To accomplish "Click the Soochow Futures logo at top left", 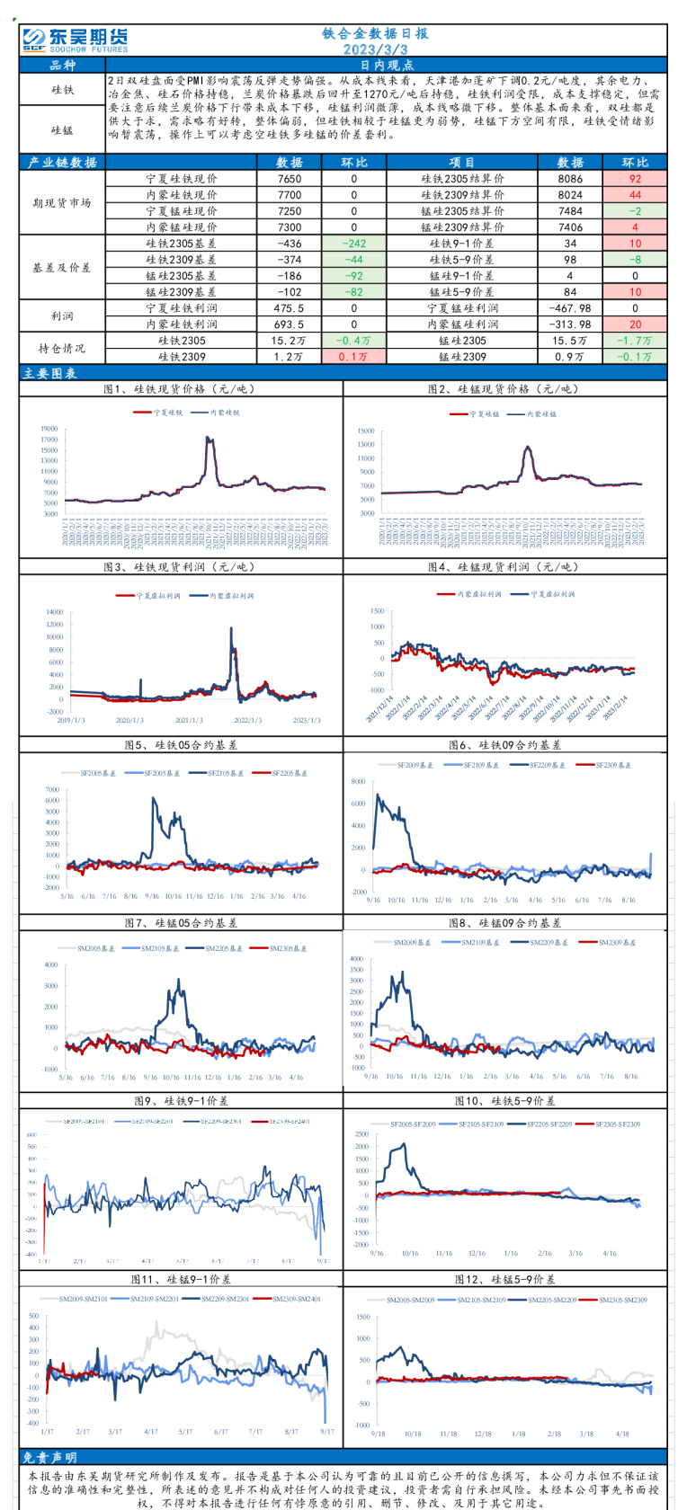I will tap(75, 40).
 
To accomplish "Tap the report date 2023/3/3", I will tap(375, 49).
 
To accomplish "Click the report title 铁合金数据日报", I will tap(375, 33).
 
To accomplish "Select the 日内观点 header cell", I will tap(387, 66).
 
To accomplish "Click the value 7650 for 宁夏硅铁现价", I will tap(290, 179).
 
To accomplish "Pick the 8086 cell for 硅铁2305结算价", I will tap(570, 179).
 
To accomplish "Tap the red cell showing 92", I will tap(635, 179).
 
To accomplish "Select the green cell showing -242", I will tap(354, 244).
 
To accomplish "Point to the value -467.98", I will tap(570, 308).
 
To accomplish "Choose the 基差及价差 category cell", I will tap(62, 268).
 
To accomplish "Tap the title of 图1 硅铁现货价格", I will tap(180, 389).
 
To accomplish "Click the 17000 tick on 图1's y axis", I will tap(49, 440).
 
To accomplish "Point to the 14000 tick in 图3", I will tap(54, 611).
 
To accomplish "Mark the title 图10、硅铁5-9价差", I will tap(504, 1101).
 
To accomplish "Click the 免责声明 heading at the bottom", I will tap(49, 1457).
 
